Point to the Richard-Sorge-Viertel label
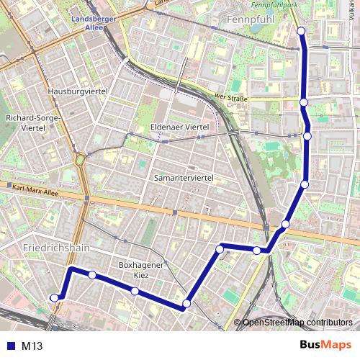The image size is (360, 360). pos(34,122)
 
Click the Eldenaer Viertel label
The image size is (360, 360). pos(179,127)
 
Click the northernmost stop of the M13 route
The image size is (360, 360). pos(301,31)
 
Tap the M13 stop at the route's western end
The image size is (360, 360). pos(54,297)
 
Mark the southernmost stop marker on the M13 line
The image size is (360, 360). pos(186,304)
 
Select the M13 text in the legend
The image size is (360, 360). pos(32,346)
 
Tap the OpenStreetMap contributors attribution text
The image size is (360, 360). pos(297,323)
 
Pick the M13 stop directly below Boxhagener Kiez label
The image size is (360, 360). pos(135,291)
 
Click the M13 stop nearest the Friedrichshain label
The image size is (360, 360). pos(92,274)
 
